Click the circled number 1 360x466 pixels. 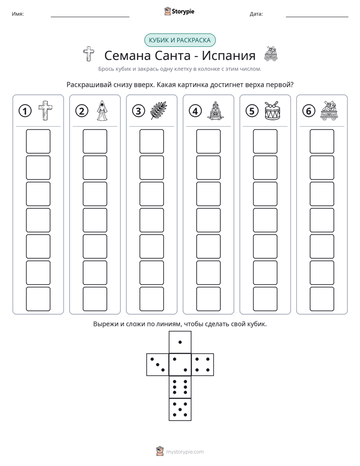(25, 111)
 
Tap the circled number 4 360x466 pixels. (195, 111)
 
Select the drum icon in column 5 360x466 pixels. (272, 110)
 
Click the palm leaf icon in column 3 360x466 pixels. (159, 110)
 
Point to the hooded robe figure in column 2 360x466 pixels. (102, 110)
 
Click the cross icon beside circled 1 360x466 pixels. (45, 110)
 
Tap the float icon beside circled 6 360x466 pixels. (329, 110)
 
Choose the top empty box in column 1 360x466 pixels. (38, 141)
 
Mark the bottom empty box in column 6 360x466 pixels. (322, 299)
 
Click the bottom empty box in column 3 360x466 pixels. (151, 299)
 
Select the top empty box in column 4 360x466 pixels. (208, 141)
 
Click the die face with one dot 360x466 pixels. (180, 342)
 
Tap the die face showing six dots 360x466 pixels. (180, 387)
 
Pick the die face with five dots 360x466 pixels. (180, 409)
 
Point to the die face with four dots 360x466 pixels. (203, 364)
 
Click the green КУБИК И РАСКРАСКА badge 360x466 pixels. (179, 40)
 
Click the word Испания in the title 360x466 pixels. (228, 55)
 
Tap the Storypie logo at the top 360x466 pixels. (179, 11)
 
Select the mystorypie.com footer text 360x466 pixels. (185, 452)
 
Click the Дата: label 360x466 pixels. (256, 14)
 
